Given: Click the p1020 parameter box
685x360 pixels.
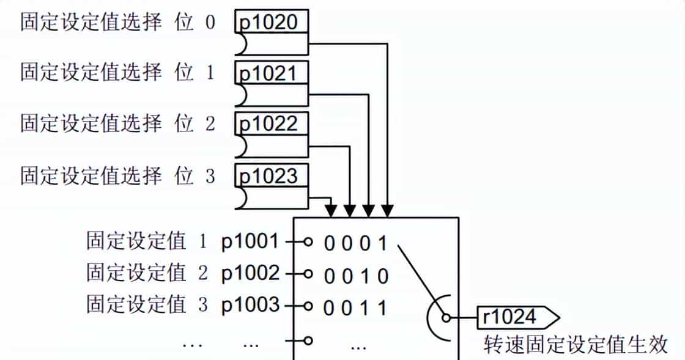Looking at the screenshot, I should pos(271,23).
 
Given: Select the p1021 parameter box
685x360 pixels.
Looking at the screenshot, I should pos(271,75).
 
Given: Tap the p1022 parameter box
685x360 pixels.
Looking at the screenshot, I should pos(271,125).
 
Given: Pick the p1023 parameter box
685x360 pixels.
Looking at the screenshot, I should pos(271,176).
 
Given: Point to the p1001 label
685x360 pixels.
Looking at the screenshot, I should pos(250,242).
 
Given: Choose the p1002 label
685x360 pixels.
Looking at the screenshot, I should pos(250,273).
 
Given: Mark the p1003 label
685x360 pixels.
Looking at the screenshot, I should pos(250,304).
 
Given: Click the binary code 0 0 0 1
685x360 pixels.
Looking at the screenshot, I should pos(356,244).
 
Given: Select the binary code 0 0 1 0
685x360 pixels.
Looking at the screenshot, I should pos(356,276).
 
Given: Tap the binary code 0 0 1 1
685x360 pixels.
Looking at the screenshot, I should pos(356,307).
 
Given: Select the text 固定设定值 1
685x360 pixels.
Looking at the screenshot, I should pos(147,242).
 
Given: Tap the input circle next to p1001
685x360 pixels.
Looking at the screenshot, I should pos(308,242).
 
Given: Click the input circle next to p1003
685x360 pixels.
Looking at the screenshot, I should pos(308,304).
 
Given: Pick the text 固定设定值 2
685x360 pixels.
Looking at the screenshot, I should pos(147,273).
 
